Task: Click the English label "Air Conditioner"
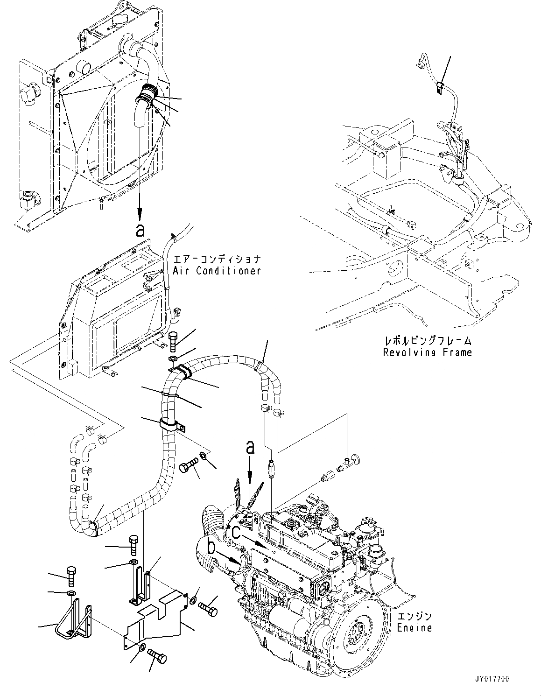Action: pyautogui.click(x=217, y=271)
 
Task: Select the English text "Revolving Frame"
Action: pyautogui.click(x=427, y=352)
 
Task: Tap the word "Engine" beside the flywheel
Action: pyautogui.click(x=415, y=628)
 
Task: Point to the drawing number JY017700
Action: pyautogui.click(x=507, y=678)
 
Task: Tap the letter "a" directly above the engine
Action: pyautogui.click(x=250, y=448)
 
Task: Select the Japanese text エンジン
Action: pyautogui.click(x=415, y=617)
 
